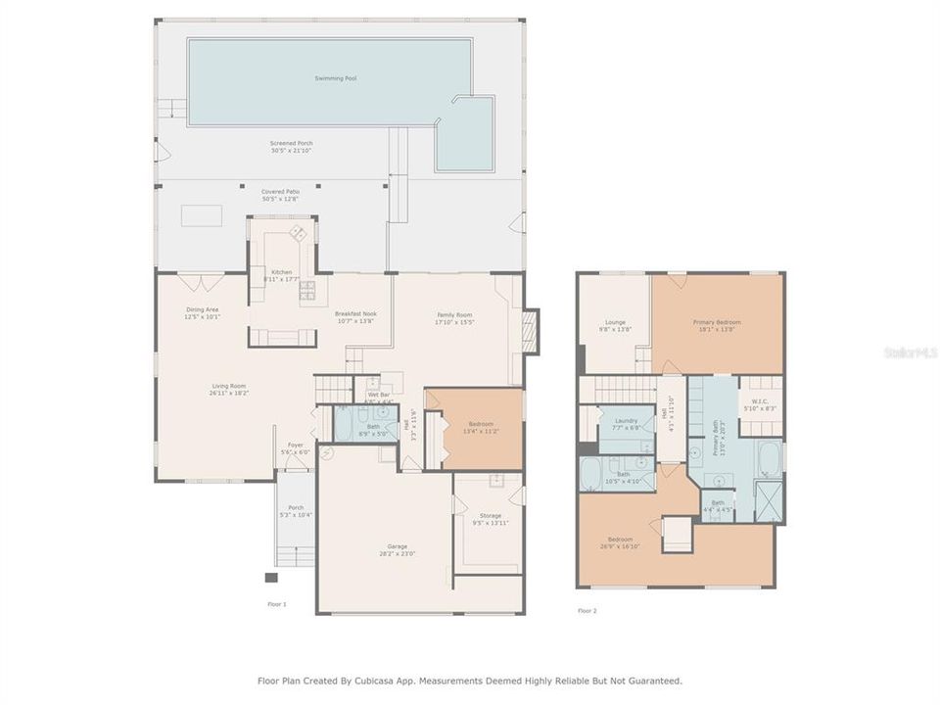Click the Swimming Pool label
coord(335,77)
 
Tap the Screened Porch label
coord(292,143)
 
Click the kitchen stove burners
coord(306,288)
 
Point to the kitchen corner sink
coord(296,233)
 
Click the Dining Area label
coord(203,309)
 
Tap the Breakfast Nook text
coord(355,313)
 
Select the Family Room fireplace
coord(530,331)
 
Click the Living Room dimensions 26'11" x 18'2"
coord(230,393)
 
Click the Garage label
coord(397,546)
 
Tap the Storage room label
coord(491,515)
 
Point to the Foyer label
coord(295,445)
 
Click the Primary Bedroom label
coord(717,322)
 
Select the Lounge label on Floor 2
coord(616,322)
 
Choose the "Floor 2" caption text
coord(587,610)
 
